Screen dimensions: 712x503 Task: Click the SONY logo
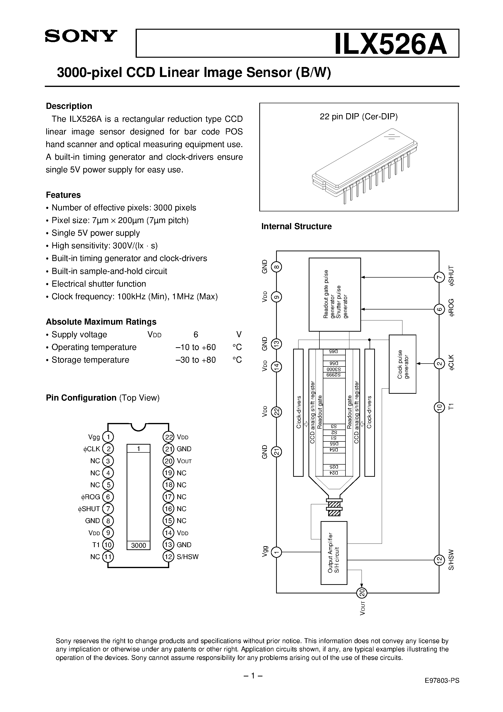coord(81,36)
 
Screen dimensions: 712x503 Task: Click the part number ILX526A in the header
coord(391,44)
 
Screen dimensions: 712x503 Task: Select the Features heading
coord(63,195)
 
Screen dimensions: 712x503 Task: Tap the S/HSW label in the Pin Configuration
coord(187,557)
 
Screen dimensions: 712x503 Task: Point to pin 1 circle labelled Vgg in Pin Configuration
coord(108,437)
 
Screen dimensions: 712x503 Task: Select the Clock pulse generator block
coord(402,364)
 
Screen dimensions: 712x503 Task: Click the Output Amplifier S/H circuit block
coord(334,553)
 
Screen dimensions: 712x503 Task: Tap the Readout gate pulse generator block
coord(335,294)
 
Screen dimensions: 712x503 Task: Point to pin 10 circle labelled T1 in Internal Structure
coord(438,407)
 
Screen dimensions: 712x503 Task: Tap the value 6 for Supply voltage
coord(196,335)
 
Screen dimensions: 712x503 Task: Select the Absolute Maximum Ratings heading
coord(101,322)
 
